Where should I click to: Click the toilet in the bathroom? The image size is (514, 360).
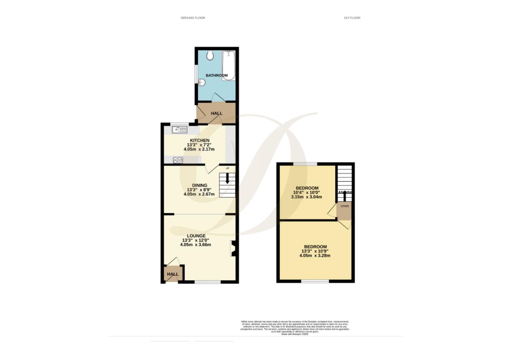point(210,55)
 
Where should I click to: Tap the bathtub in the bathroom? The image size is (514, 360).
point(229,65)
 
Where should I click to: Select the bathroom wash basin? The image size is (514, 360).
point(201,82)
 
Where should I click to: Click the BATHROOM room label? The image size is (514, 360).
point(217,76)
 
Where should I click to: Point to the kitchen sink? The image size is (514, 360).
point(180,130)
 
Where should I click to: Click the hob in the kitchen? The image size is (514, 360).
point(178,160)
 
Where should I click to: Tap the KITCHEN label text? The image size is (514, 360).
point(200,140)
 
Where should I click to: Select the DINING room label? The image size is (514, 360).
point(200,185)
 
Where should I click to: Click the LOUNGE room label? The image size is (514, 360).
point(196,236)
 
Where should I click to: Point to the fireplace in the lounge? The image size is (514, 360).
point(233,248)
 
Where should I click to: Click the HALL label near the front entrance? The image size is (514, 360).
point(173,274)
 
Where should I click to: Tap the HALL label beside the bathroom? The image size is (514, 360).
point(217,113)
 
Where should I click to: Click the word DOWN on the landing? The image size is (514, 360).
point(344,206)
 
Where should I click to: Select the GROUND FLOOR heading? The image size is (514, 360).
point(193,18)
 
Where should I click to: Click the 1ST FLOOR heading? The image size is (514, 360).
point(352,18)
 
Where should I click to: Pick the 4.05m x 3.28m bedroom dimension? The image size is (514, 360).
point(315,256)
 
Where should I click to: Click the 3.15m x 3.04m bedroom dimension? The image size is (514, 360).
point(306,197)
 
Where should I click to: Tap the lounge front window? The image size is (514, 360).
point(208,282)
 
